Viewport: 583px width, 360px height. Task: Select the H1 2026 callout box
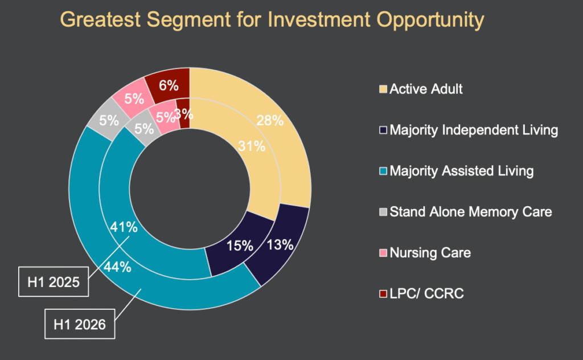coord(80,325)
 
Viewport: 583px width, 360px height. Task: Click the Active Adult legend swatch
coord(383,89)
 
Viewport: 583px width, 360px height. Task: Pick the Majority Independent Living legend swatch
coord(383,130)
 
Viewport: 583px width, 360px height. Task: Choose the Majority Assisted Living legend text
coord(462,171)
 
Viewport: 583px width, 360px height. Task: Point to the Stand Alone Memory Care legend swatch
coord(383,212)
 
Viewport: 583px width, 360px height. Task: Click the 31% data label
coord(251,146)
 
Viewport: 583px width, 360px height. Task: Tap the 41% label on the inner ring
coord(124,227)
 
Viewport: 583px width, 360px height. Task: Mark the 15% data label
coord(239,246)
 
